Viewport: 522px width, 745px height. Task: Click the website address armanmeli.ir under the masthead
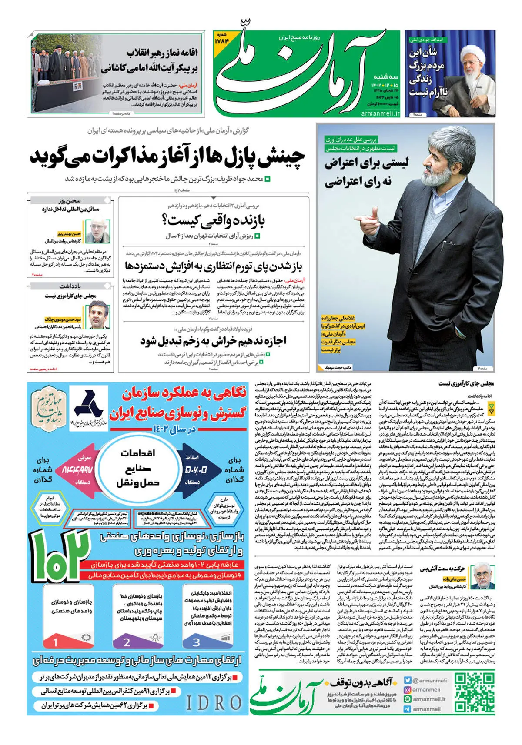pyautogui.click(x=380, y=113)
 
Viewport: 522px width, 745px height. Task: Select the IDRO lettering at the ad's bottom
pyautogui.click(x=214, y=703)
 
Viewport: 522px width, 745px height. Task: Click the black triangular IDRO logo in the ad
pyautogui.click(x=88, y=404)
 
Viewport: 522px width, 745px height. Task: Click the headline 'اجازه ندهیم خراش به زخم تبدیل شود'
pyautogui.click(x=213, y=341)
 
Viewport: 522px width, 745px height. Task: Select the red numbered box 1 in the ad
pyautogui.click(x=55, y=642)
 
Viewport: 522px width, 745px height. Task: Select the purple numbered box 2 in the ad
pyautogui.click(x=127, y=642)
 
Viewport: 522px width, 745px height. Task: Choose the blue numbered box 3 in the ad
pyautogui.click(x=196, y=642)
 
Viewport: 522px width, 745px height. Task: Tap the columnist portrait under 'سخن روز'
pyautogui.click(x=97, y=229)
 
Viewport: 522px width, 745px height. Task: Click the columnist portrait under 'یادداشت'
pyautogui.click(x=97, y=314)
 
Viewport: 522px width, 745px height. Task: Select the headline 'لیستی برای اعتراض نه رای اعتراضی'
pyautogui.click(x=365, y=172)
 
